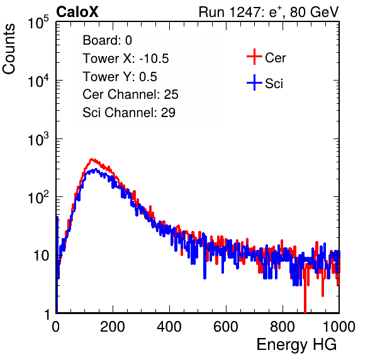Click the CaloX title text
[77, 12]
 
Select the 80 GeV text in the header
[314, 12]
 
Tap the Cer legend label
[275, 58]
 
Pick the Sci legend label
[274, 84]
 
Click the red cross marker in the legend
[254, 57]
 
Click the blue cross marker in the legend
[254, 82]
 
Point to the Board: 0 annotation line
[107, 40]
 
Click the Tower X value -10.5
[154, 59]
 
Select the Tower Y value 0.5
[148, 77]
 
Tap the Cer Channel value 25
[171, 94]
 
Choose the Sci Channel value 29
[168, 113]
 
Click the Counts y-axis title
[9, 49]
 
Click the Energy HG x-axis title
[296, 345]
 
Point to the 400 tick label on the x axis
[169, 327]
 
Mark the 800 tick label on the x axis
[283, 327]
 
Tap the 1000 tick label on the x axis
[339, 327]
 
